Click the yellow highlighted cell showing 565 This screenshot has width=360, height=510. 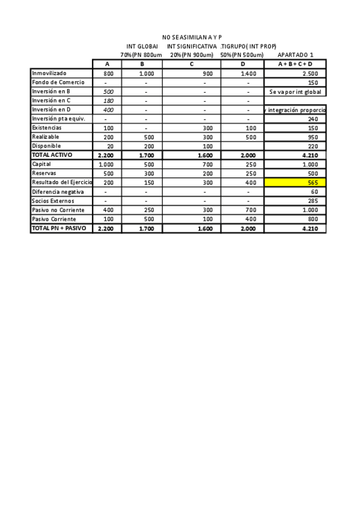(295, 182)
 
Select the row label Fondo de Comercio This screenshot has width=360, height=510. (58, 82)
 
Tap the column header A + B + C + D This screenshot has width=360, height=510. (295, 64)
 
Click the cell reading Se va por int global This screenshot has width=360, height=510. (295, 92)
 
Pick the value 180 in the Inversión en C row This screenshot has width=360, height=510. (108, 101)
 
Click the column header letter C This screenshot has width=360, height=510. (191, 64)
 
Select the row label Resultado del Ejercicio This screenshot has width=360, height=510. (61, 182)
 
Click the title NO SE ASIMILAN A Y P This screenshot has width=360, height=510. (192, 37)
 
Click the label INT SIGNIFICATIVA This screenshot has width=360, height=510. (192, 46)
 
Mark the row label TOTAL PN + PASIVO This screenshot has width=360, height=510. (59, 229)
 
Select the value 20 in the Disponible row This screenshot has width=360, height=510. (109, 146)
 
